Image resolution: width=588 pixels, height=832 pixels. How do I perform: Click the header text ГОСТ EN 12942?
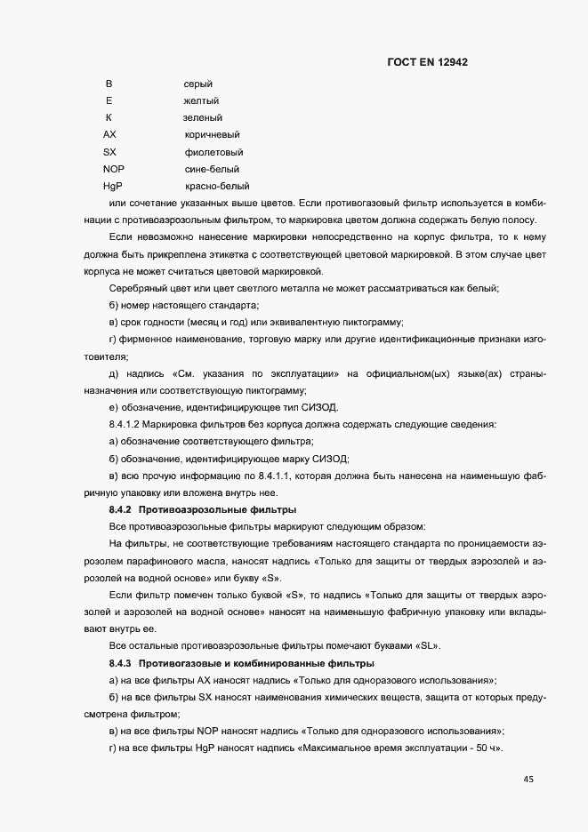pyautogui.click(x=428, y=62)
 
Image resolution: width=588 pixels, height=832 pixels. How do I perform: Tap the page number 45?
pyautogui.click(x=528, y=780)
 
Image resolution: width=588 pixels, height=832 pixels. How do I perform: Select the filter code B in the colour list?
pyautogui.click(x=109, y=84)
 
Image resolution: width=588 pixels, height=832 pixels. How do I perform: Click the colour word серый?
pyautogui.click(x=197, y=84)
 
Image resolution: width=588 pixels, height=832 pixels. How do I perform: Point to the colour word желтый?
pyautogui.click(x=201, y=100)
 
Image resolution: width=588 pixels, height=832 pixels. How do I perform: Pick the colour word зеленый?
pyautogui.click(x=203, y=117)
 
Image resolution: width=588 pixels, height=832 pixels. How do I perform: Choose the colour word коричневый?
pyautogui.click(x=212, y=135)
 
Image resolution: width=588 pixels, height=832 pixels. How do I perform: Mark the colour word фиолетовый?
pyautogui.click(x=213, y=152)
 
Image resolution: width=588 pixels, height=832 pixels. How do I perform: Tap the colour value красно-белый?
pyautogui.click(x=216, y=187)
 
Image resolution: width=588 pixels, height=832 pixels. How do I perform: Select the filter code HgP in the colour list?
pyautogui.click(x=112, y=187)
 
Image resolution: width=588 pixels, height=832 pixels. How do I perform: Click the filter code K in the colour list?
pyautogui.click(x=109, y=117)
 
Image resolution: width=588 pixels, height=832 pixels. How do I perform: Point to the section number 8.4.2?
pyautogui.click(x=120, y=509)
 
